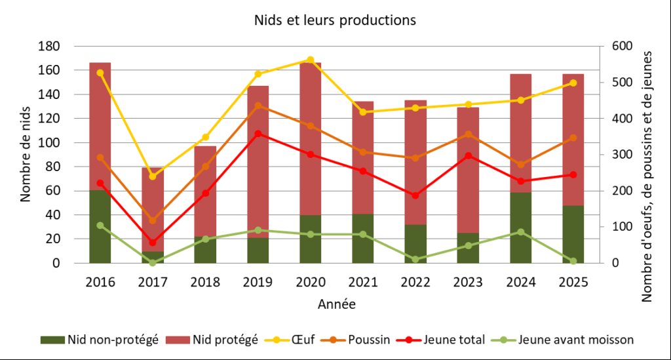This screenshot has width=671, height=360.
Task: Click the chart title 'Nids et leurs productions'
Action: [x=335, y=20]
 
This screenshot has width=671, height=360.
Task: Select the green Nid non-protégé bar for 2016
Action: [x=100, y=226]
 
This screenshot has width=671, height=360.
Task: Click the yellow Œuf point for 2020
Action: [x=311, y=60]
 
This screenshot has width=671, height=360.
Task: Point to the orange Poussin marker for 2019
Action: [x=258, y=106]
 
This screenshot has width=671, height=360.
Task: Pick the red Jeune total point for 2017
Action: [x=153, y=243]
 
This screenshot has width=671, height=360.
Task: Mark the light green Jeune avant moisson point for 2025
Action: [x=573, y=261]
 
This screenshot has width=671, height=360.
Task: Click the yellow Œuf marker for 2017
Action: [x=153, y=176]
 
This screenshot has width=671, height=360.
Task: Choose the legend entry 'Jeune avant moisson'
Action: [x=567, y=340]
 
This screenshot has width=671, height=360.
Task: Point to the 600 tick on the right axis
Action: [x=619, y=47]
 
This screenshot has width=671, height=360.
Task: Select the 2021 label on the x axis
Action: [x=363, y=283]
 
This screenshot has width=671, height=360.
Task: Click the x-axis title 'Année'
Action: [x=337, y=304]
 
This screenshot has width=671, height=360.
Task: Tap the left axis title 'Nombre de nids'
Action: [x=26, y=155]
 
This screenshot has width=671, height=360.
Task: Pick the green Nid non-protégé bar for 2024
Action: [x=521, y=228]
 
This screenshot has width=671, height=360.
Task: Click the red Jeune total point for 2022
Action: [x=415, y=195]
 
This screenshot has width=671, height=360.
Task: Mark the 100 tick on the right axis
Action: [x=619, y=227]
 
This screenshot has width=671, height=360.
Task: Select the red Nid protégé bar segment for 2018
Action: [x=205, y=191]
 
